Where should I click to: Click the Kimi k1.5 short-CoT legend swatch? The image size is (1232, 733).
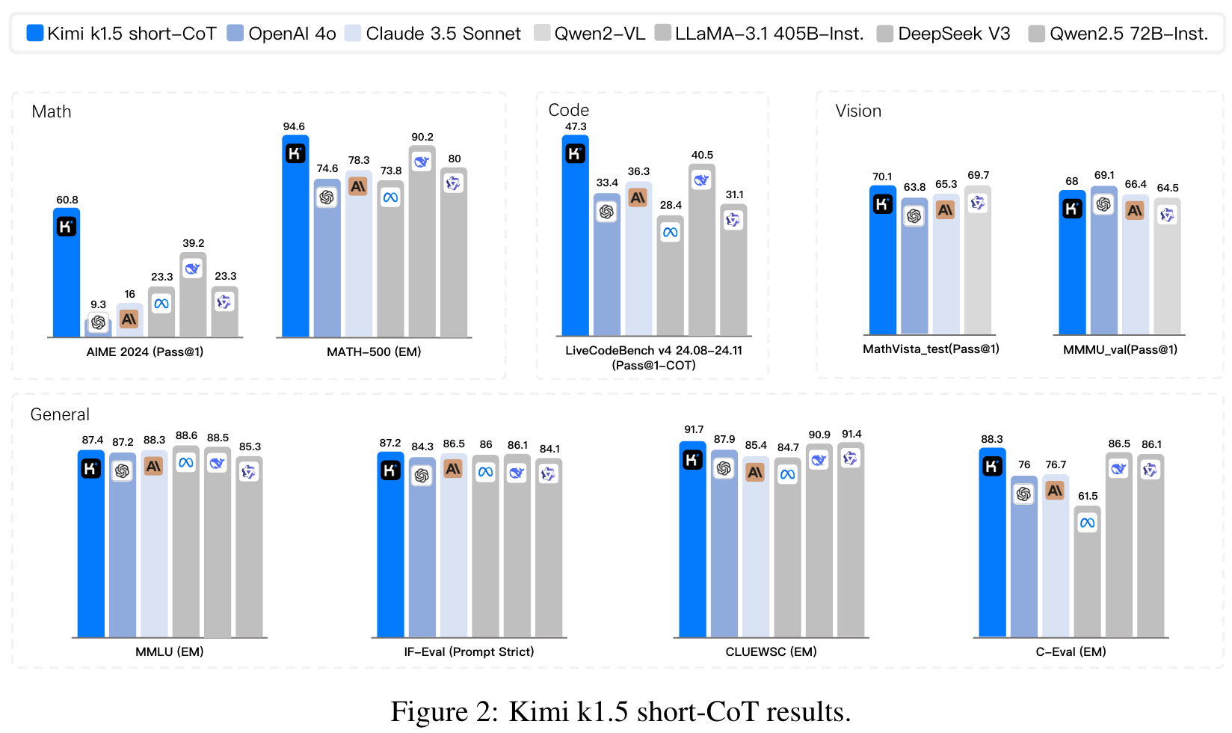click(34, 33)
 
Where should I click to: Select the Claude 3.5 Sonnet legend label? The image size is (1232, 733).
click(443, 34)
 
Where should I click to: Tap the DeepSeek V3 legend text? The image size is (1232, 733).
click(954, 34)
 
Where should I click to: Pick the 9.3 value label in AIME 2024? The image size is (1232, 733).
click(98, 304)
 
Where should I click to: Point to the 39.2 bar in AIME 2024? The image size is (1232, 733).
click(193, 299)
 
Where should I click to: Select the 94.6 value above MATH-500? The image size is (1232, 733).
click(294, 126)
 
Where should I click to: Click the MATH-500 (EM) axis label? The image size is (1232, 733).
click(374, 352)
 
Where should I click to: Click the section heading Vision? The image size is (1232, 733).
click(858, 111)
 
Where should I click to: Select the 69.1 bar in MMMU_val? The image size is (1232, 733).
click(1103, 269)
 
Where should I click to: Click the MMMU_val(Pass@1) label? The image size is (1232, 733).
click(1120, 349)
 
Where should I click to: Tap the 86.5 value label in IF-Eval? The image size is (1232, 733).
click(454, 444)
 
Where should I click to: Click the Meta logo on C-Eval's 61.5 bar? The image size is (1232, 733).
click(1087, 523)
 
